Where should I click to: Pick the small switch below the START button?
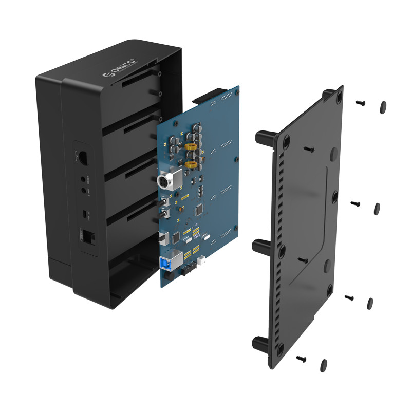point(86,212)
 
